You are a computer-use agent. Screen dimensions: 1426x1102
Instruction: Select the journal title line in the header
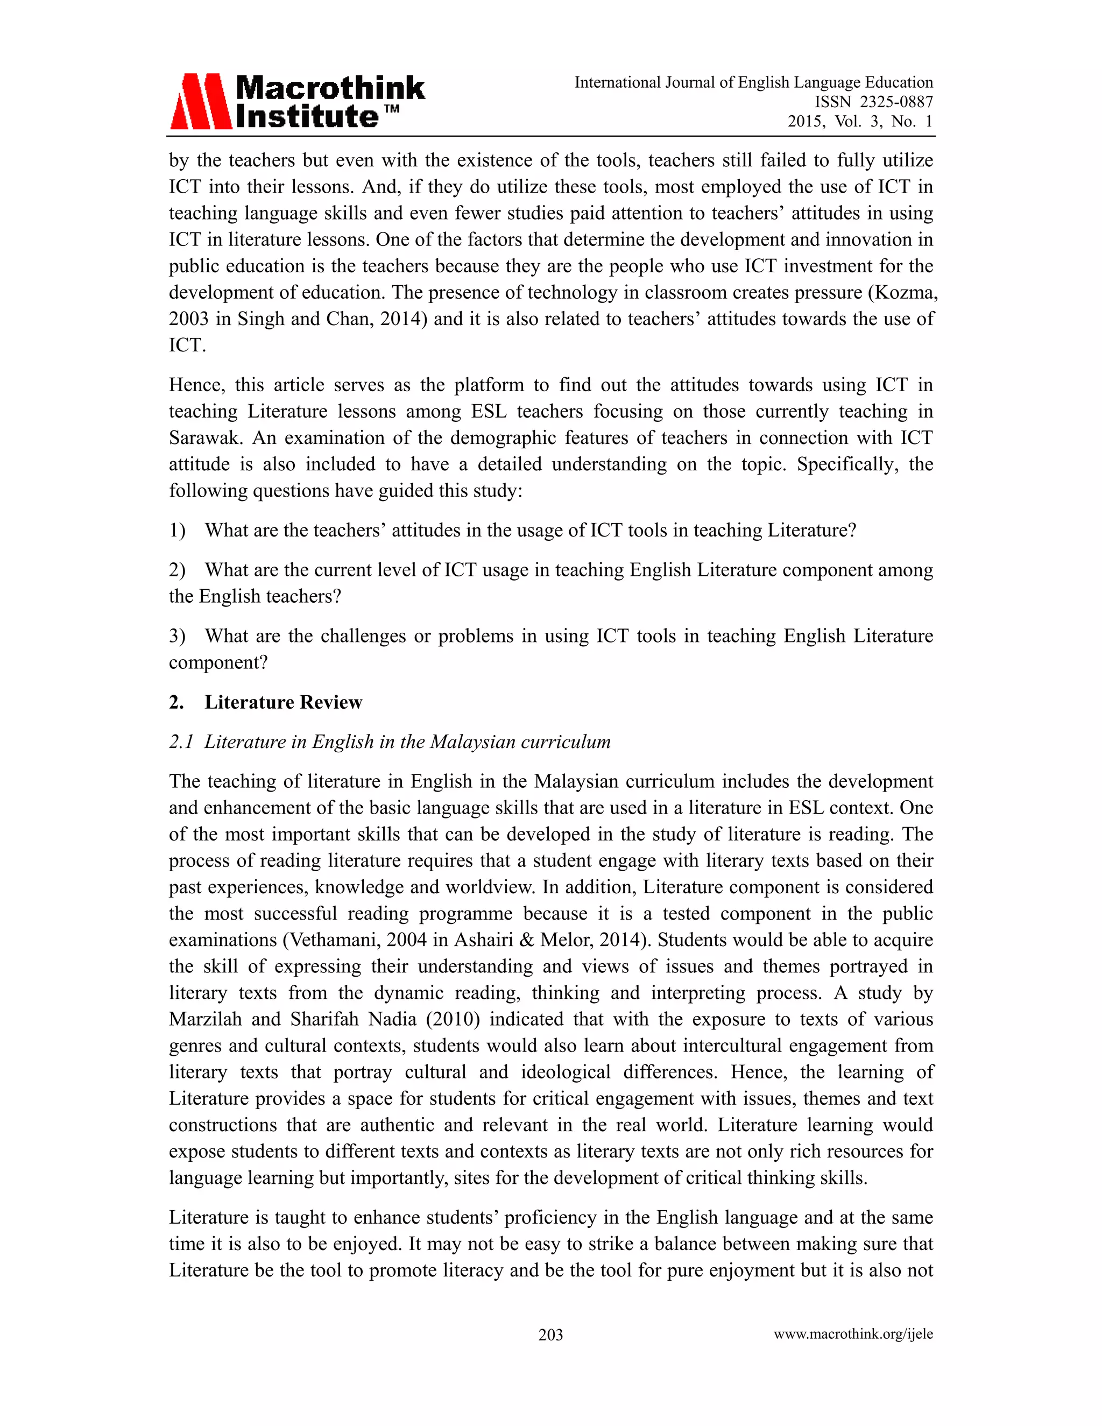753,82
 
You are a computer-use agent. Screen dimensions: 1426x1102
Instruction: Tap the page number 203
550,1335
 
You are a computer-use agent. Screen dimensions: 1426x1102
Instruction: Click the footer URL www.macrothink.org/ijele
853,1334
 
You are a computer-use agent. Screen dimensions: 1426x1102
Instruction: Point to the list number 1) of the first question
177,530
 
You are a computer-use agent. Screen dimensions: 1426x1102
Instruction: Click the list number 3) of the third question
177,636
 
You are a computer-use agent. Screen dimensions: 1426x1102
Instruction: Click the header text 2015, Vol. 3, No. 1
860,122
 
